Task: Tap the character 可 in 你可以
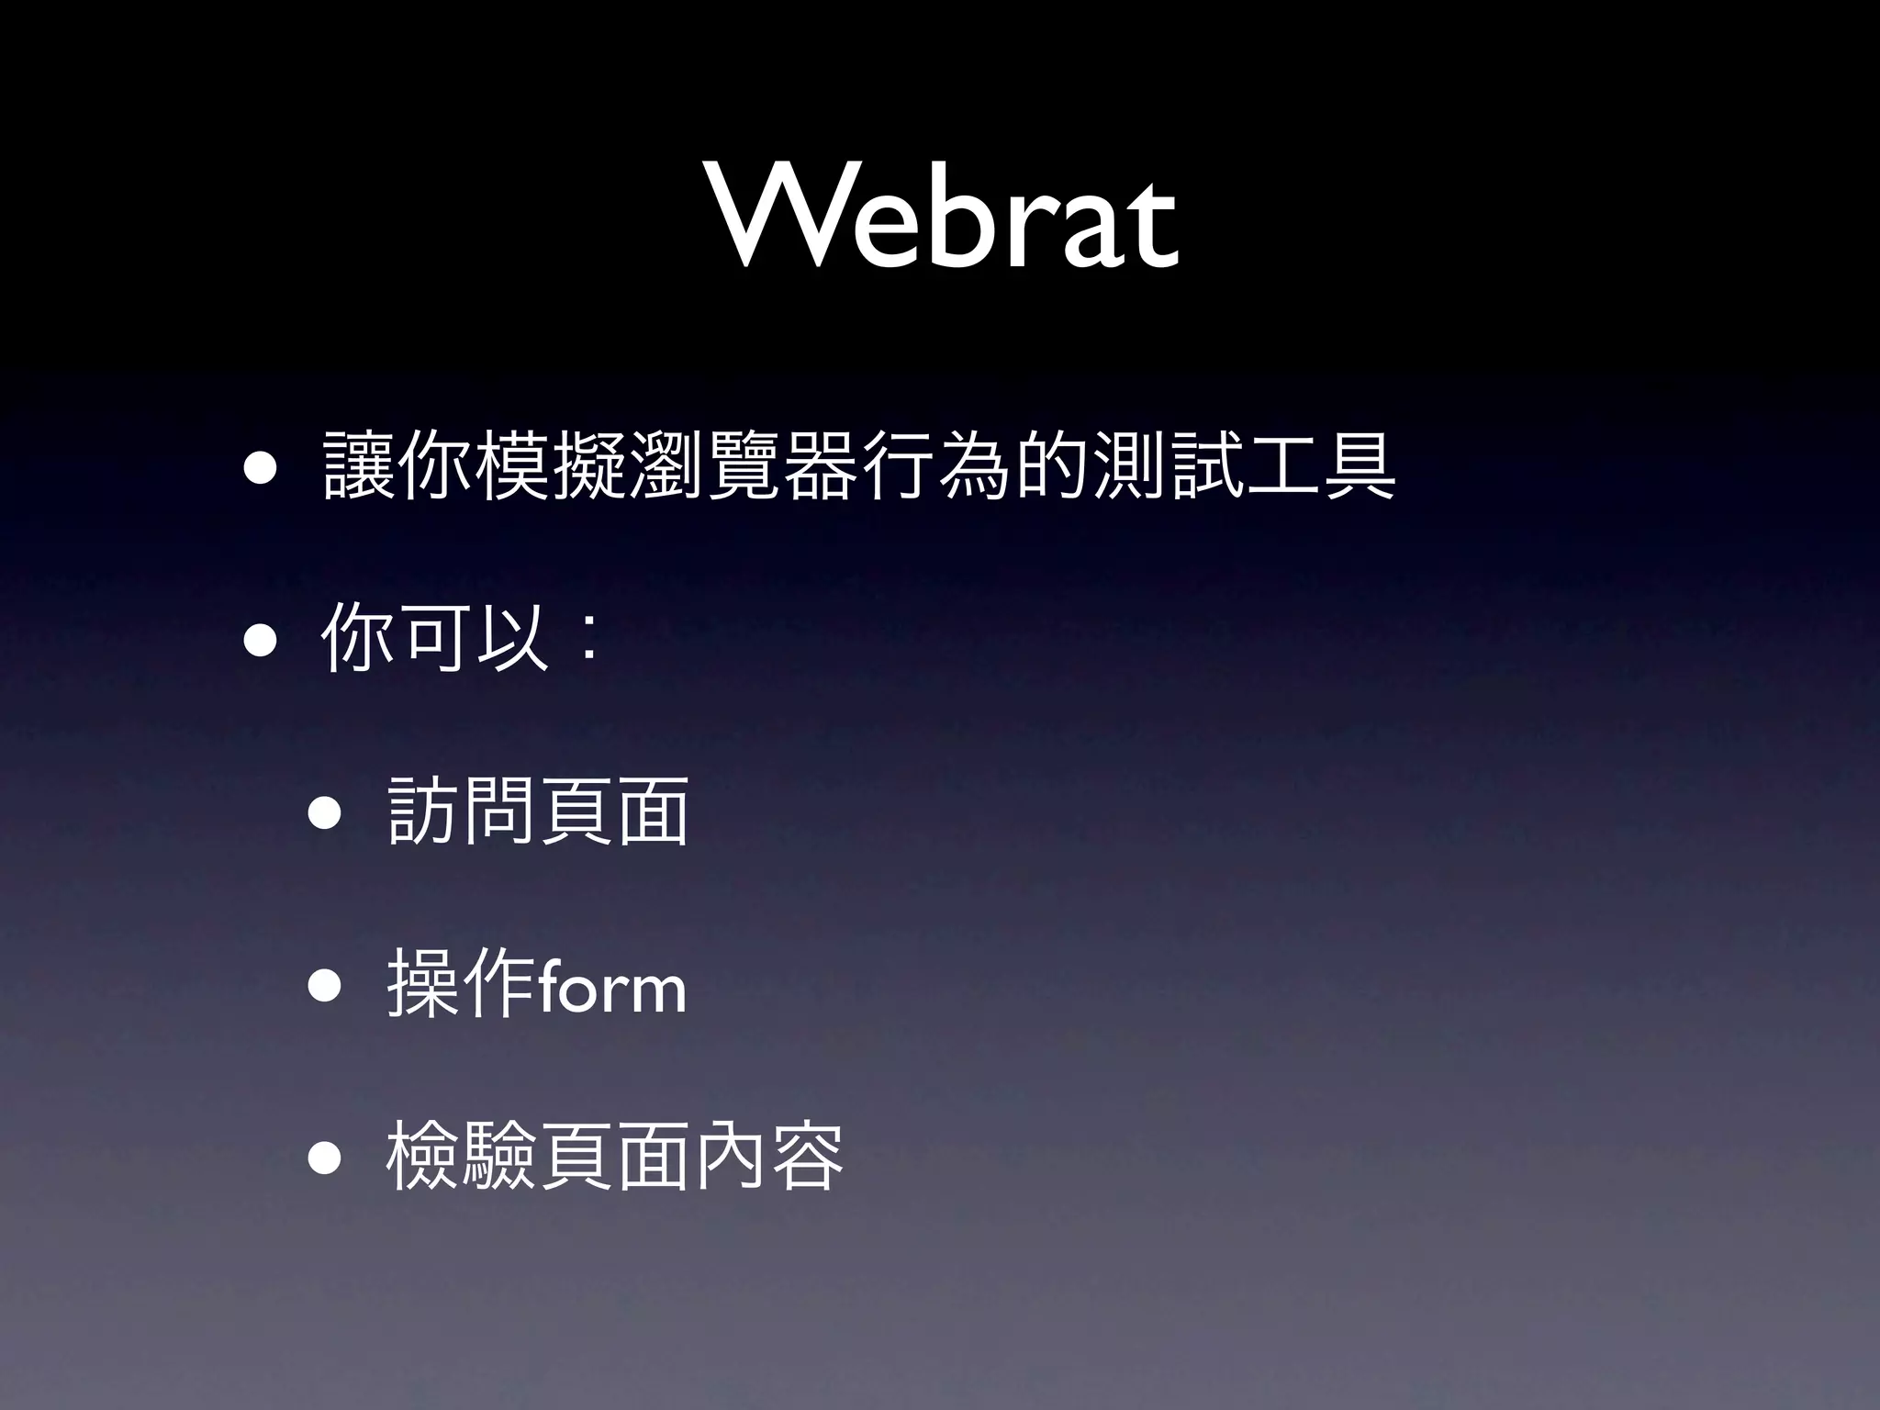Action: [x=438, y=639]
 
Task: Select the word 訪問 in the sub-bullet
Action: [x=464, y=811]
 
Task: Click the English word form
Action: [x=611, y=987]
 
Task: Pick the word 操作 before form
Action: [x=464, y=984]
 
